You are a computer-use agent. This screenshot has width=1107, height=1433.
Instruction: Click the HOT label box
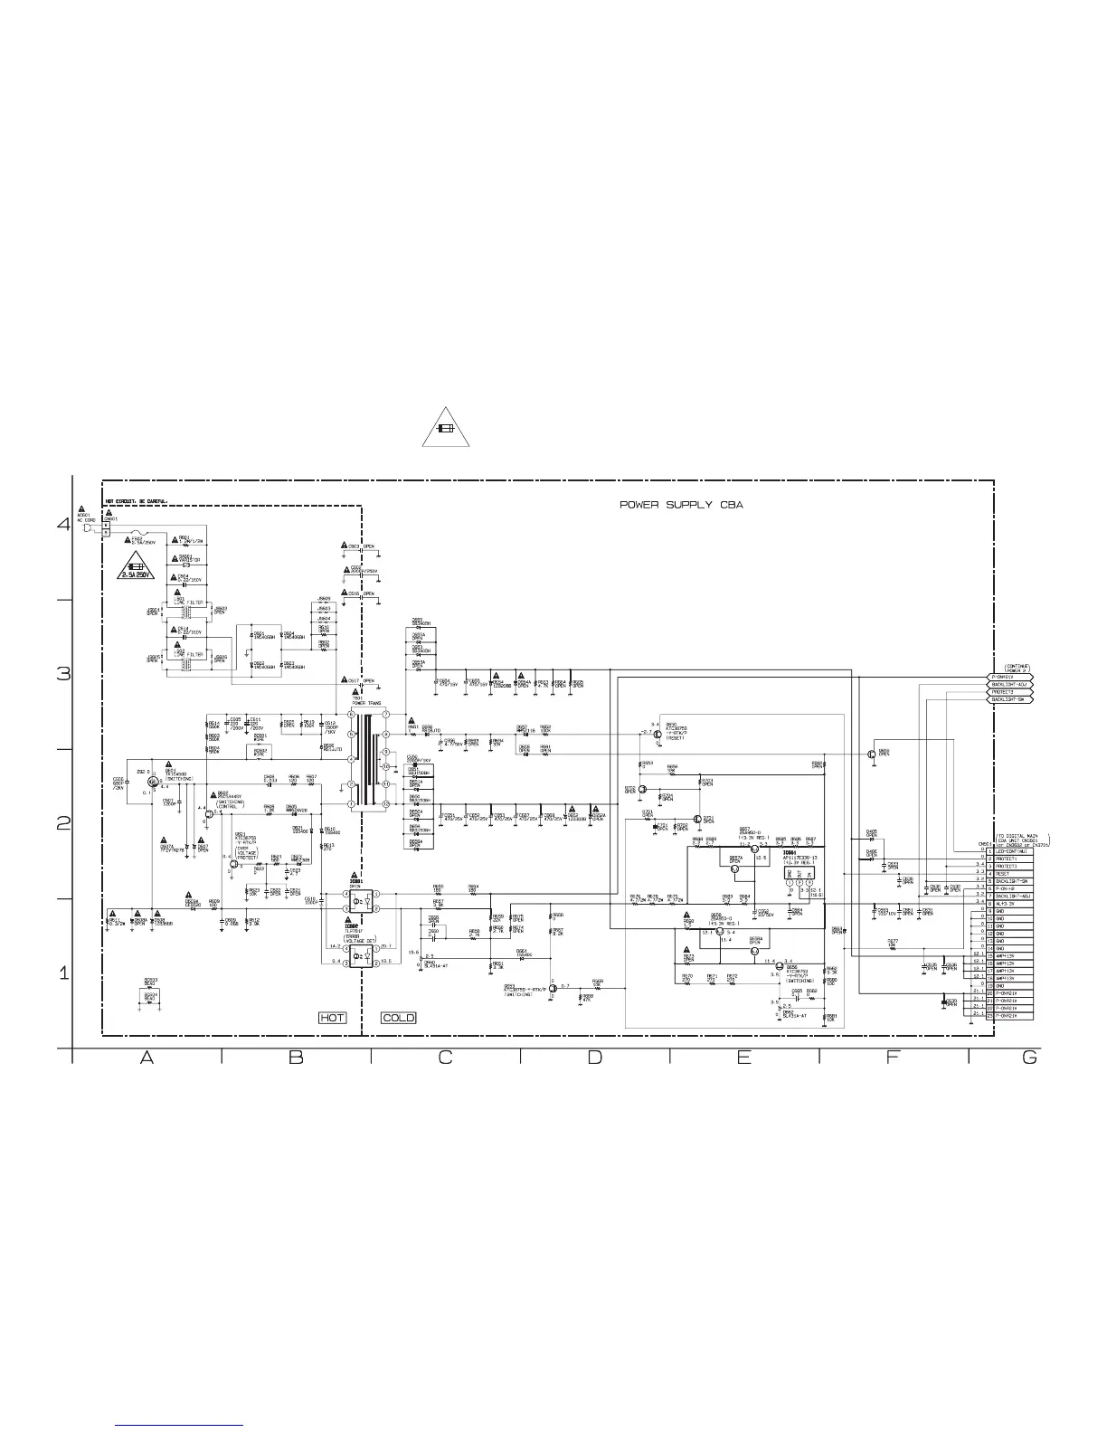(333, 1018)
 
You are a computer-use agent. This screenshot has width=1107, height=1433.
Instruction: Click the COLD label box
(399, 1018)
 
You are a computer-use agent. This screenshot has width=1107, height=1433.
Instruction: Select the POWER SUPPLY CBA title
(681, 505)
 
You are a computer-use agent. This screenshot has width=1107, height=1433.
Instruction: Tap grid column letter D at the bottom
(594, 1058)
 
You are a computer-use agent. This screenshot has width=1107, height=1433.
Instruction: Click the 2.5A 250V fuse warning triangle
(137, 572)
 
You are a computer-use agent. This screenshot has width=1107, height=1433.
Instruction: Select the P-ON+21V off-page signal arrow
(1008, 677)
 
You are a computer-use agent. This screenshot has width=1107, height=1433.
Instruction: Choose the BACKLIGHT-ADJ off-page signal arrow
(1008, 685)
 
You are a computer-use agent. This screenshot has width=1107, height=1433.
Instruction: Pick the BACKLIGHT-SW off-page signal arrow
(1008, 699)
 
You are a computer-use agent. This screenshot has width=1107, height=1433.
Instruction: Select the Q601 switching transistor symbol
(152, 781)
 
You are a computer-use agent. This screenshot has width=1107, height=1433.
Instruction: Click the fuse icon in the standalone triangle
(445, 430)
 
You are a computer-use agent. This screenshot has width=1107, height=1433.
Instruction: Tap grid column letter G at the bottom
(1029, 1058)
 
